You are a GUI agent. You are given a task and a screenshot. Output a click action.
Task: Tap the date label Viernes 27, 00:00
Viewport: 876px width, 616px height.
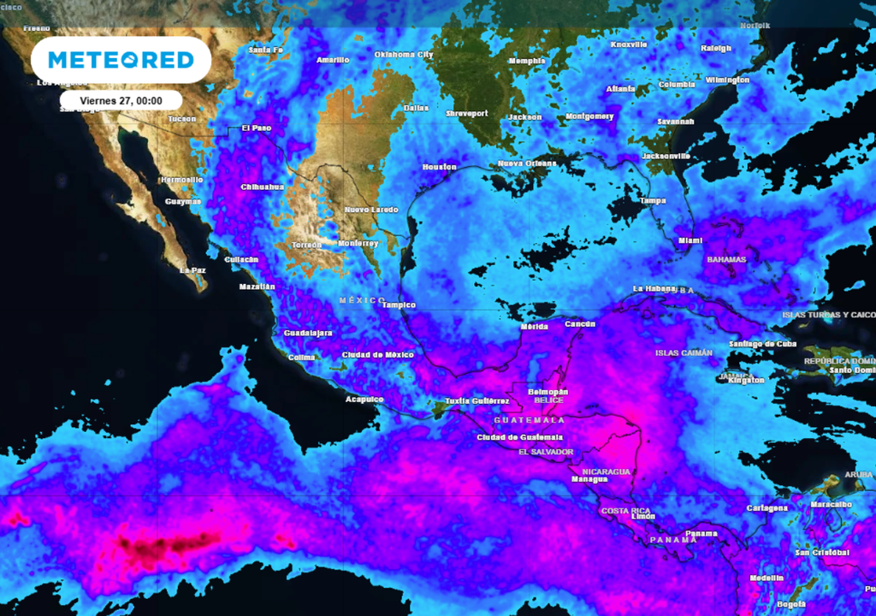click(121, 100)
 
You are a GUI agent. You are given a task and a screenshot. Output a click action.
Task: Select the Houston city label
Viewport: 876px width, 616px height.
click(439, 167)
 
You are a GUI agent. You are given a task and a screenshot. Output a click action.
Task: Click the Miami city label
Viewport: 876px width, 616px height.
click(690, 241)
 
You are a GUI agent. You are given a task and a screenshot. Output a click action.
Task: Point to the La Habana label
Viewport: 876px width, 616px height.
click(654, 288)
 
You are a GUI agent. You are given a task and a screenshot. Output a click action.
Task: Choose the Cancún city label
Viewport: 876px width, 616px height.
click(580, 324)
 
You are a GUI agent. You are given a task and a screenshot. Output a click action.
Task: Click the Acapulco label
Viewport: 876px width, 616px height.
click(364, 400)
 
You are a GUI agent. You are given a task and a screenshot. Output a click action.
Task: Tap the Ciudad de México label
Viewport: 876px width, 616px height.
click(377, 355)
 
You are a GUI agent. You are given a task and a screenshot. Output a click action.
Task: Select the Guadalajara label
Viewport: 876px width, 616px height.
click(308, 333)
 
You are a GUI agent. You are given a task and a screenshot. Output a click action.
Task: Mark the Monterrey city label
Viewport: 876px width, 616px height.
click(358, 244)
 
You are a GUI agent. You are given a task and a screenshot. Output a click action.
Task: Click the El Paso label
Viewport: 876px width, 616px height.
click(256, 128)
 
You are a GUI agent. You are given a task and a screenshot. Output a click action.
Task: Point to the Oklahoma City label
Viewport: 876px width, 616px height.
click(404, 55)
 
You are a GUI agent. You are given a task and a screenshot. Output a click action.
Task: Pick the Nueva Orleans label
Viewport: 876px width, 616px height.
click(527, 163)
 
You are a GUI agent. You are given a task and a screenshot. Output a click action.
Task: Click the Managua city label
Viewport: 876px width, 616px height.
click(589, 480)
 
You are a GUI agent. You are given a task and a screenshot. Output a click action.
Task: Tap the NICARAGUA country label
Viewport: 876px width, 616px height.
click(606, 471)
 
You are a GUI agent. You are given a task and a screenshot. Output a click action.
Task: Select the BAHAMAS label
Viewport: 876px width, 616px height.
click(725, 259)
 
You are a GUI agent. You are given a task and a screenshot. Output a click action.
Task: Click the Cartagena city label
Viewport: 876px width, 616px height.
click(766, 508)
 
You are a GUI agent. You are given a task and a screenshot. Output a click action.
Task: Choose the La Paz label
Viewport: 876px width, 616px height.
click(192, 269)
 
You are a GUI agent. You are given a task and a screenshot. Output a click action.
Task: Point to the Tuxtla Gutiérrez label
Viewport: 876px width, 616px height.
click(478, 401)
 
